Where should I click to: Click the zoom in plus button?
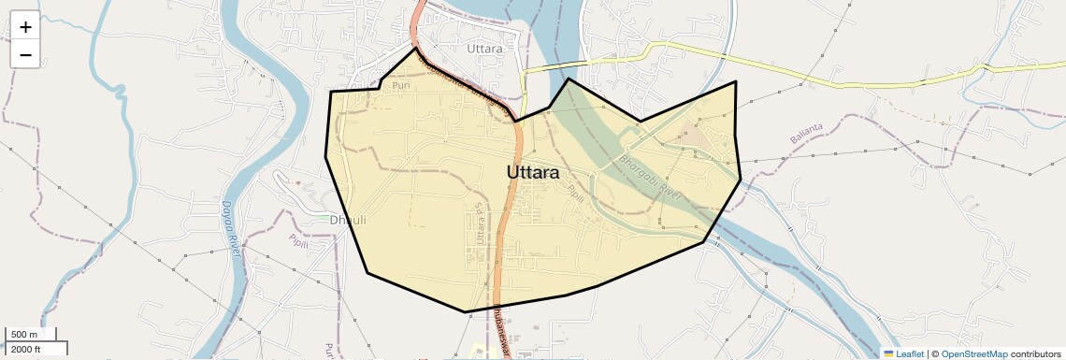click(x=25, y=28)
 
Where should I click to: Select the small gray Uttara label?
click(x=484, y=49)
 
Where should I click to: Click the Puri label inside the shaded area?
click(x=401, y=85)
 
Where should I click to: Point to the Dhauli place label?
click(x=348, y=220)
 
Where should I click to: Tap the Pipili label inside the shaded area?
click(x=575, y=194)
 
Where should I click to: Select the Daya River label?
click(x=231, y=228)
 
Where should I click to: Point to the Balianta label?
click(x=807, y=133)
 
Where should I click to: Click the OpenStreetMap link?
click(x=973, y=354)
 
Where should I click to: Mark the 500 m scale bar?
click(x=30, y=335)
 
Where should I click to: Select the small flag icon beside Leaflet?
click(x=888, y=354)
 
